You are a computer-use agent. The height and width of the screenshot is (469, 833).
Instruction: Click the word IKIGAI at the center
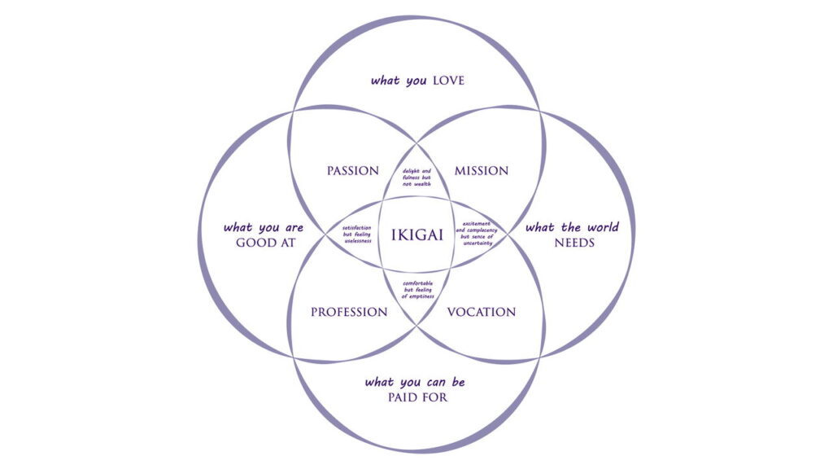416,234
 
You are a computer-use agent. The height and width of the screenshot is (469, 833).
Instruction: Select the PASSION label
353,171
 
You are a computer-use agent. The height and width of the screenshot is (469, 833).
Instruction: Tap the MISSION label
482,171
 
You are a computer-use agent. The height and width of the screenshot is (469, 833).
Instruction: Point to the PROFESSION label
349,312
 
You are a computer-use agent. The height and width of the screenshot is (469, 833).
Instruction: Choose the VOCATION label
482,312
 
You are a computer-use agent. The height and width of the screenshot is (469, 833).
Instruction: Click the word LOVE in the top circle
448,81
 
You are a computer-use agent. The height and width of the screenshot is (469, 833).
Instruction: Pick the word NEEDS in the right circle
575,243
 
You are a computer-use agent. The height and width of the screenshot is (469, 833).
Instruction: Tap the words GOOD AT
264,243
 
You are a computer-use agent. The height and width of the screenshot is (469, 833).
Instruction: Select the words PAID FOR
417,397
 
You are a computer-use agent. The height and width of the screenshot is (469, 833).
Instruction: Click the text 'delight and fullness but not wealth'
416,178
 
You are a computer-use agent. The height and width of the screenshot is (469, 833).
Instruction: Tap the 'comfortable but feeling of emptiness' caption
416,290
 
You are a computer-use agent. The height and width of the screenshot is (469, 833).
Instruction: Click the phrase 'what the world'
572,227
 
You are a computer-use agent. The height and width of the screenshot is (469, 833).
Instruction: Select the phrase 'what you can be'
416,382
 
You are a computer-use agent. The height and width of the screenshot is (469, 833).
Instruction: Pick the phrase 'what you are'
264,227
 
